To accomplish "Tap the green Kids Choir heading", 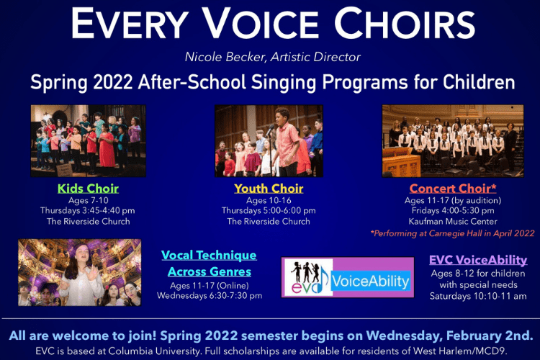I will click(x=88, y=189).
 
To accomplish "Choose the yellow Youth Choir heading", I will click(x=269, y=189).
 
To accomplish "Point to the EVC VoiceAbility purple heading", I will click(x=478, y=260).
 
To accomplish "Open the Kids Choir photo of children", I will click(x=88, y=141).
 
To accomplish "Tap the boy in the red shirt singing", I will click(x=284, y=140).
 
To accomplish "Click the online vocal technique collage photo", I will click(x=79, y=273).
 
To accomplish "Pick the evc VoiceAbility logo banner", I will click(x=348, y=277).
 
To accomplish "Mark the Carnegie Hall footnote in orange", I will click(x=452, y=233).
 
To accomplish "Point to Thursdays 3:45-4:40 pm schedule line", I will click(x=88, y=210).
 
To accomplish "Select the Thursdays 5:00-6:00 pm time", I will click(x=269, y=210).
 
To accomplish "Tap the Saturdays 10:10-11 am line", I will click(x=478, y=296).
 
